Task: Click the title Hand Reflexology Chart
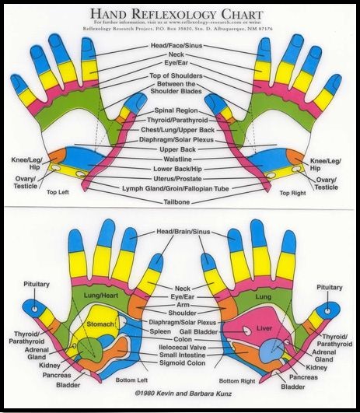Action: [x=180, y=13]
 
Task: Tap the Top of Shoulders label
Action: [x=180, y=75]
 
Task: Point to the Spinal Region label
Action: [x=180, y=110]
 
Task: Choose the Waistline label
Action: [x=180, y=159]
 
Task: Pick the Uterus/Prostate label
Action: [x=180, y=178]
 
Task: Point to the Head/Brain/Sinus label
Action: [x=180, y=232]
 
